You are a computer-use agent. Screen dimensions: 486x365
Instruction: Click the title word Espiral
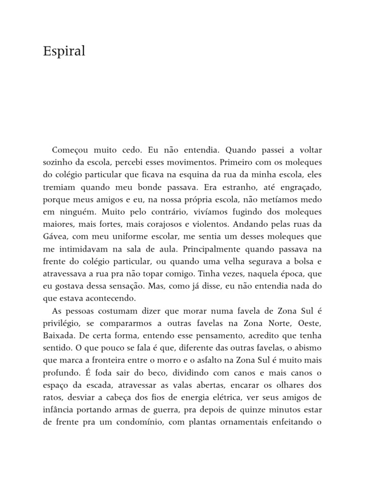(64, 52)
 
